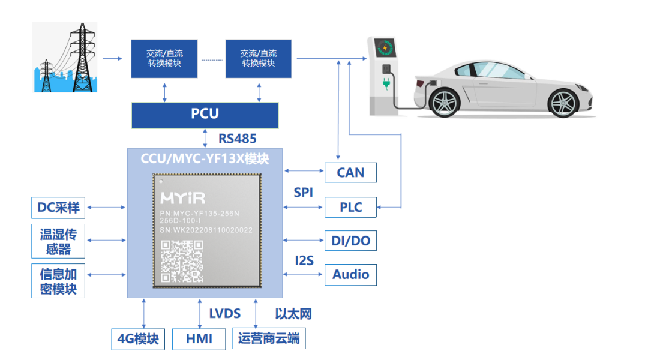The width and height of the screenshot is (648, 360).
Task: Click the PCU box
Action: point(205,115)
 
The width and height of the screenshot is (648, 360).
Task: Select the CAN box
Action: point(350,173)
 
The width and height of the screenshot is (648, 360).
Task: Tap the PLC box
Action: point(350,207)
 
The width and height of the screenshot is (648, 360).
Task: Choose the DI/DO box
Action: point(350,241)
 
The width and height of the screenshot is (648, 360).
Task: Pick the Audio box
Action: point(350,275)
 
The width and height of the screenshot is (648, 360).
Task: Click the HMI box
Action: point(199,339)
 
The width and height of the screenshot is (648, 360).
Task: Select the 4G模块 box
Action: point(138,339)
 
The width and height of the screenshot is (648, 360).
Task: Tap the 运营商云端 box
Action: point(268,339)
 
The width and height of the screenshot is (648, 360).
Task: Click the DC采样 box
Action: point(58,208)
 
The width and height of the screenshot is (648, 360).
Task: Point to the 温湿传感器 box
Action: point(58,241)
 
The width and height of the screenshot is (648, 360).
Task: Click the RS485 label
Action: point(237,139)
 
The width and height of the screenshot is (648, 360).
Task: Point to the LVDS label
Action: point(224,314)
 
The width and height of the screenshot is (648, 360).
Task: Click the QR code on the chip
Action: point(182,260)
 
